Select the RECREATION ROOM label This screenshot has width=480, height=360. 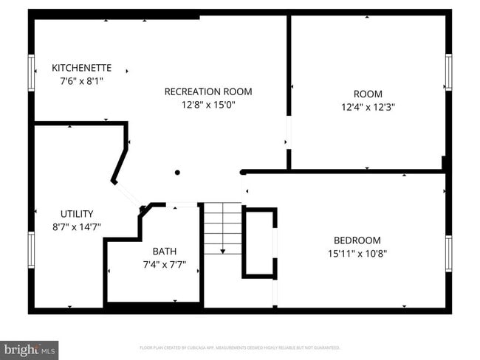[208, 91]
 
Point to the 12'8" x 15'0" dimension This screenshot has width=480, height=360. [208, 105]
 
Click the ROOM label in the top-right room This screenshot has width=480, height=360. [368, 94]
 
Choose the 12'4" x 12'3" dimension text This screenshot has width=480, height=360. [368, 106]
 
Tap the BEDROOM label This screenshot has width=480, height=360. [357, 240]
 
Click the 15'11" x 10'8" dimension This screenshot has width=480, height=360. [357, 253]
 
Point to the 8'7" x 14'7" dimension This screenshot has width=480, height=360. [76, 227]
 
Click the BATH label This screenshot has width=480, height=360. [164, 252]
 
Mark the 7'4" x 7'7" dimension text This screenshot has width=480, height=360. [164, 264]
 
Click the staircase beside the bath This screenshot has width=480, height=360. [223, 229]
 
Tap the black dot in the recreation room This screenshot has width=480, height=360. [177, 173]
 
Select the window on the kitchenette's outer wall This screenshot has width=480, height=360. [32, 73]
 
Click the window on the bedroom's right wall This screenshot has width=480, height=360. [448, 254]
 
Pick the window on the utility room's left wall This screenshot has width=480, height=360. [32, 252]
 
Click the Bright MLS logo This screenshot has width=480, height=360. [30, 348]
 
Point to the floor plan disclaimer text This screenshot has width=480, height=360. [240, 347]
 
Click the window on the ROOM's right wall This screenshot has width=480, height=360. [448, 72]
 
